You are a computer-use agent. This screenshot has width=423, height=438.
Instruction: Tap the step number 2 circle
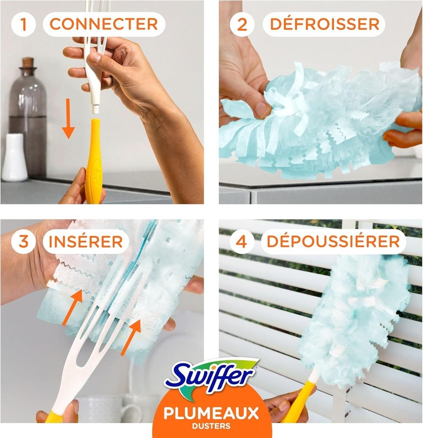pyautogui.click(x=242, y=24)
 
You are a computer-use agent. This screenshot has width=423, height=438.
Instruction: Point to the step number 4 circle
pyautogui.click(x=242, y=241)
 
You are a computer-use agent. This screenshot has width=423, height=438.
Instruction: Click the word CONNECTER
pyautogui.click(x=104, y=24)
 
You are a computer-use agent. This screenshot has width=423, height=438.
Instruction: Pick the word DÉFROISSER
pyautogui.click(x=324, y=24)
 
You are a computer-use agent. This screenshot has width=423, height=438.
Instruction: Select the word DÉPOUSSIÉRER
pyautogui.click(x=333, y=241)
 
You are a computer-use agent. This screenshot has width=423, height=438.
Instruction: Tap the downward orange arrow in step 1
pyautogui.click(x=68, y=118)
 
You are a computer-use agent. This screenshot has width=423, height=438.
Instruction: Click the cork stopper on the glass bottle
pyautogui.click(x=28, y=62)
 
